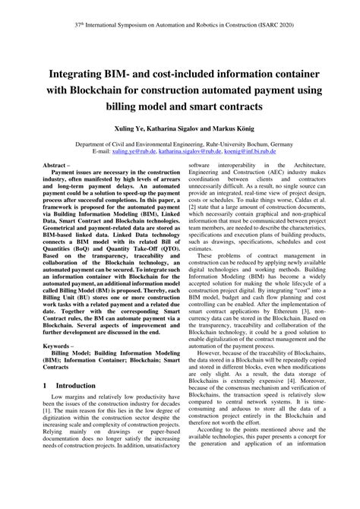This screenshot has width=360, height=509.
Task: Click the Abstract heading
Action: coord(61,166)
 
